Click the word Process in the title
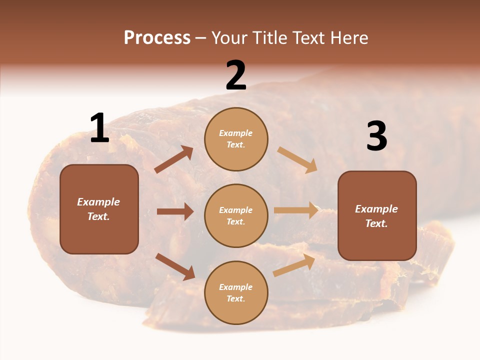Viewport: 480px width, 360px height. (157, 37)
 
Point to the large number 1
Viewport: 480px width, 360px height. (99, 128)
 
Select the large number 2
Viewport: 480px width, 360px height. (236, 76)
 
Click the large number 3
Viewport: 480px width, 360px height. (376, 136)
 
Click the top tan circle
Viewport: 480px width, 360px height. (236, 139)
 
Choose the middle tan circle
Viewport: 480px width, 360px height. (236, 215)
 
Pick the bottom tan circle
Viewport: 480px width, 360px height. (236, 292)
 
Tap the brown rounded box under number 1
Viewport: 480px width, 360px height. (99, 209)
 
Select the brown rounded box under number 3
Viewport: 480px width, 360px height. (377, 215)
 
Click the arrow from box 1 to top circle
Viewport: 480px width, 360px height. (174, 159)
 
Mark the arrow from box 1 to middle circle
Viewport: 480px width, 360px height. (175, 211)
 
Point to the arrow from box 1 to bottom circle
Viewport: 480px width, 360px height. (175, 266)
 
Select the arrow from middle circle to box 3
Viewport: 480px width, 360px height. (296, 210)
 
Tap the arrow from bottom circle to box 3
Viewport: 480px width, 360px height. (294, 265)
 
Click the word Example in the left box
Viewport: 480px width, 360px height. (98, 202)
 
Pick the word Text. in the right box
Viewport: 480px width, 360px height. (376, 223)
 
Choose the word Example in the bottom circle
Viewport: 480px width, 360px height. (236, 287)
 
